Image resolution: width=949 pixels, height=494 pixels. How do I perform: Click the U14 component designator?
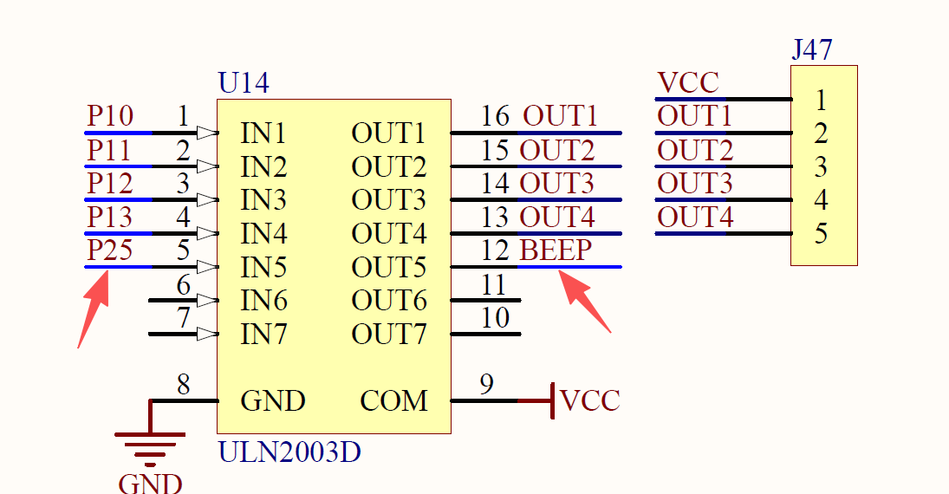[244, 83]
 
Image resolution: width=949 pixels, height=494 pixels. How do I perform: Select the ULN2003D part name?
[289, 452]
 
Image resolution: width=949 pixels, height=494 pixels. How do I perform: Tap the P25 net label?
[110, 250]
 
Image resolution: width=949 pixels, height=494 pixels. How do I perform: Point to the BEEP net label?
[556, 250]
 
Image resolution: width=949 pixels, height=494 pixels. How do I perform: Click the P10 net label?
[110, 116]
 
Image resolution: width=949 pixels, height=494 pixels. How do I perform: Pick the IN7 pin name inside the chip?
[263, 334]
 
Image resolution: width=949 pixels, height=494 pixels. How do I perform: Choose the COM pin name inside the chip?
[394, 400]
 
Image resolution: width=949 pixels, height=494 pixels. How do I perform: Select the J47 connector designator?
[812, 49]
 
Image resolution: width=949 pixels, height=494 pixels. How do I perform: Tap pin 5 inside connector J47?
[821, 234]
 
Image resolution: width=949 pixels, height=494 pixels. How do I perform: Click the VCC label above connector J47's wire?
[688, 83]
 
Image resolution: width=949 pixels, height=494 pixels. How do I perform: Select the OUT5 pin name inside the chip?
[389, 267]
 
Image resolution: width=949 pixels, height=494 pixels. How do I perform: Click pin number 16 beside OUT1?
[496, 116]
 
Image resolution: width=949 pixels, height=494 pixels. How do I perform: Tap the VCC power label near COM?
[590, 400]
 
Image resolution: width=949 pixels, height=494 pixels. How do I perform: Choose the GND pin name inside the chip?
[273, 400]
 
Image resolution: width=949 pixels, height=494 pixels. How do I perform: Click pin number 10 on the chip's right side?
[495, 317]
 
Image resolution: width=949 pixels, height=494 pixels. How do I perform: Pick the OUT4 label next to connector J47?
[695, 217]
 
